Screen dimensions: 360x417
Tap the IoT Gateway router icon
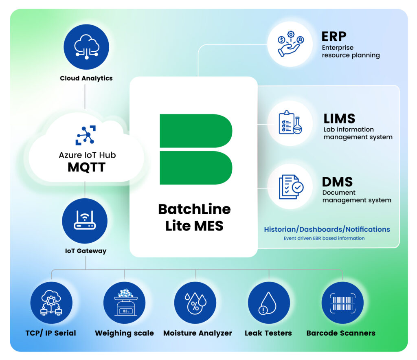pos(85,221)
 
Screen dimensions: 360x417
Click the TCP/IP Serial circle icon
pos(51,303)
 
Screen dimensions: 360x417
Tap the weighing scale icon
pos(124,303)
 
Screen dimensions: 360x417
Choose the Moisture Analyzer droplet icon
pos(195,303)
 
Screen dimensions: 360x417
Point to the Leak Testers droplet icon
pos(269,303)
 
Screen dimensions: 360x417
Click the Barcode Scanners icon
pos(342,303)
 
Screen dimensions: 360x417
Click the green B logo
pos(196,149)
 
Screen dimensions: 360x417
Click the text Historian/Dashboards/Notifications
pos(327,229)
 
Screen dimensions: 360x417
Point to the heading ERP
pos(334,37)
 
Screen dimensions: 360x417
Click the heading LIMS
pos(339,119)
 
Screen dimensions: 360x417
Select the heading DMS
pos(337,182)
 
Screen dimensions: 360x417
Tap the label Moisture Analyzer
pos(198,333)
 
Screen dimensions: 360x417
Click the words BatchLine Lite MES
pos(194,217)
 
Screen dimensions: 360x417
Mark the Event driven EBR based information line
pos(324,238)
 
